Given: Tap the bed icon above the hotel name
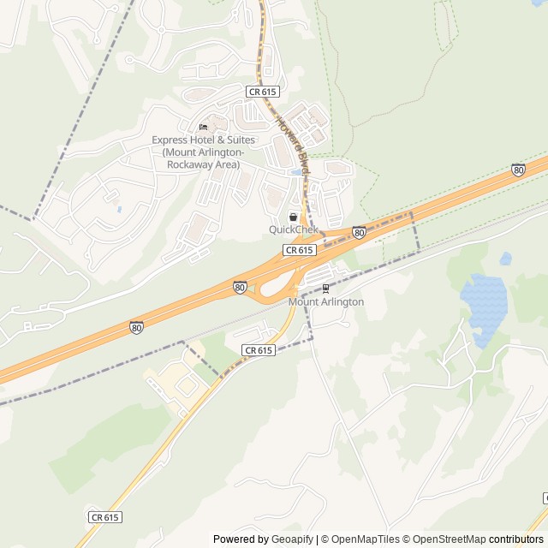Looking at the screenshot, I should [x=203, y=128].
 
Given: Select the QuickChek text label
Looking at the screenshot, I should [x=294, y=229].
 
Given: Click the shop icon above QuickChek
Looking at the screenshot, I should [x=294, y=217].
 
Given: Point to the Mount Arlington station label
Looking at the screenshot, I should [x=325, y=302].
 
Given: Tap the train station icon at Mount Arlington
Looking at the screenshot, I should [x=325, y=289].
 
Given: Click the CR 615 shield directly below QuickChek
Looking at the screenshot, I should [x=300, y=250].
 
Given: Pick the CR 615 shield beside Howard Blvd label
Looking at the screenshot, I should [x=263, y=92].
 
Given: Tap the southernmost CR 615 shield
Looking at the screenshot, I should [x=104, y=517].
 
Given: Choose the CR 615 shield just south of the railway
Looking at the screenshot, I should [x=258, y=350].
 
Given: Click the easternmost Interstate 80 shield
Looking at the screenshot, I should [x=518, y=170].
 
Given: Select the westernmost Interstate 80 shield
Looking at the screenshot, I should [x=136, y=327].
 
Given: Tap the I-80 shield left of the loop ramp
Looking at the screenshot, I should [x=240, y=287].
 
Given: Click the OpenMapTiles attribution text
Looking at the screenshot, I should [x=365, y=539].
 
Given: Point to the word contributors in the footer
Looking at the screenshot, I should [x=516, y=539].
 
